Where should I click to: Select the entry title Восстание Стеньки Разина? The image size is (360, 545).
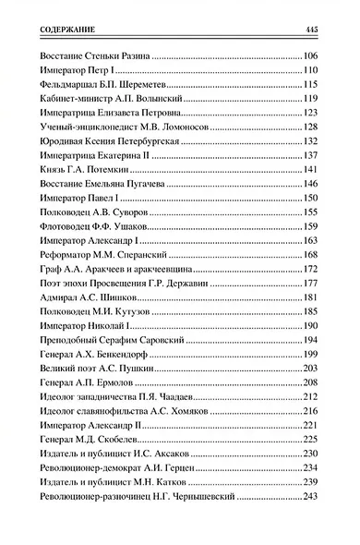pos(95,57)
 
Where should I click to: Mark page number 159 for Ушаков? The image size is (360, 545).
pos(309,225)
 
